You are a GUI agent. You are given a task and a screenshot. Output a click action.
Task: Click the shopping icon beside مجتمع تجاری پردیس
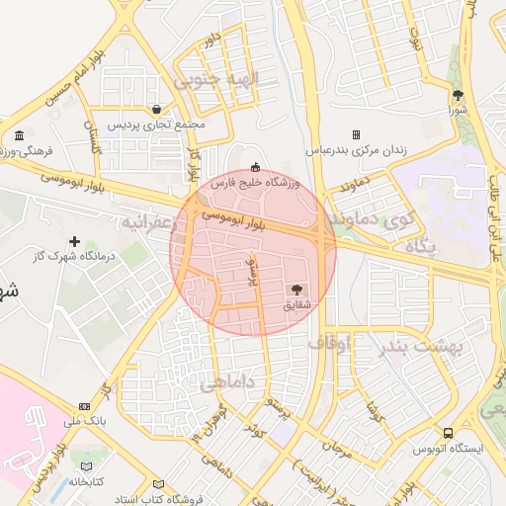click(x=157, y=109)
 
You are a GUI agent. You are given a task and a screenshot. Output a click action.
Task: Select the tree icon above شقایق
click(x=296, y=289)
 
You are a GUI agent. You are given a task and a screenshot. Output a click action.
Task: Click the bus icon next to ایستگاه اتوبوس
click(x=450, y=433)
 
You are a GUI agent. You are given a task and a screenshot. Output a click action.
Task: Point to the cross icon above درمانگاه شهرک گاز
click(x=74, y=241)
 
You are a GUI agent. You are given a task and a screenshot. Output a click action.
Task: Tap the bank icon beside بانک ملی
click(x=84, y=405)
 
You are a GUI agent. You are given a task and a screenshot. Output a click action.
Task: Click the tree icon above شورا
click(x=458, y=95)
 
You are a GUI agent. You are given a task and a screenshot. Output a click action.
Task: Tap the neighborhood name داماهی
click(x=228, y=381)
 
